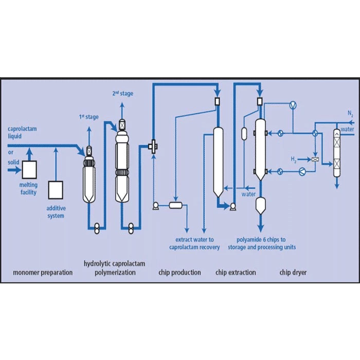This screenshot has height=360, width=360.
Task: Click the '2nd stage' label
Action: point(122,93)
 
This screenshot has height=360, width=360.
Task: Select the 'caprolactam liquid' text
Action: point(21,132)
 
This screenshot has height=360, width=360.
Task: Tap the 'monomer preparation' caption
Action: point(43,272)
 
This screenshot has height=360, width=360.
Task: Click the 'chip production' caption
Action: point(179,272)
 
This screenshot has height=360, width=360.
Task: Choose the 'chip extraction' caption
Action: point(236,272)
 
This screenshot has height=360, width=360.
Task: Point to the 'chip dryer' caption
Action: point(293,272)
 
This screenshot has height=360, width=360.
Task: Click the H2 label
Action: point(294,158)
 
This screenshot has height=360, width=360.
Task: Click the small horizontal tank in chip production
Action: point(176,205)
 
